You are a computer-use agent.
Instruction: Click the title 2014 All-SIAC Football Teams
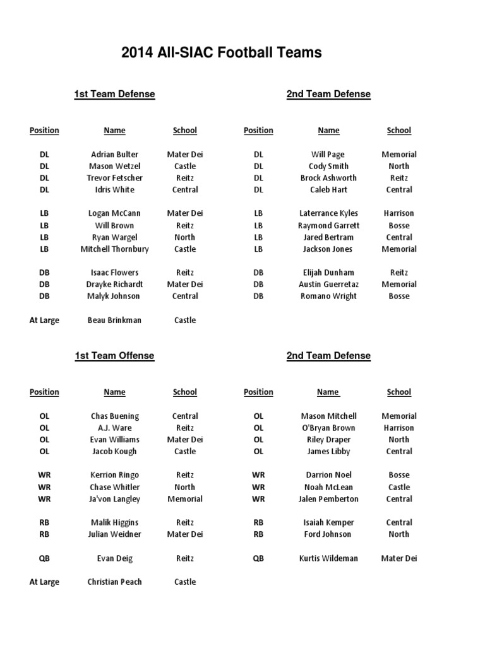221,53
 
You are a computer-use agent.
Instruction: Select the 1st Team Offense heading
114,356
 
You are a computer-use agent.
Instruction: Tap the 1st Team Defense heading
114,94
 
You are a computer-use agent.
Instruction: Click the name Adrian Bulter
114,155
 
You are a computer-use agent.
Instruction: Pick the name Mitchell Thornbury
114,249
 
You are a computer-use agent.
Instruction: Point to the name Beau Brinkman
114,320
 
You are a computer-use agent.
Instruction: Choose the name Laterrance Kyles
328,214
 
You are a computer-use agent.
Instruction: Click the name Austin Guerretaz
328,285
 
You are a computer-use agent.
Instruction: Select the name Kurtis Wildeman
328,558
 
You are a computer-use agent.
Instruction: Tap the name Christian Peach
114,582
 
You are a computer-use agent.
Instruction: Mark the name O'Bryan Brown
328,428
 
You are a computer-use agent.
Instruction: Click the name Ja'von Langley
114,499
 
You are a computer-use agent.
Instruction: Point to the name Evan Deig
114,558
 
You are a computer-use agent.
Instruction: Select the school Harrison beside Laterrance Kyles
398,214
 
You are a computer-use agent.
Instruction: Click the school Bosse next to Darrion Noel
398,475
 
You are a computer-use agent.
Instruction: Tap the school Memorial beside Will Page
398,155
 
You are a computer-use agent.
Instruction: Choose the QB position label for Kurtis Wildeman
258,558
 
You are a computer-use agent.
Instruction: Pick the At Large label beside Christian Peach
44,582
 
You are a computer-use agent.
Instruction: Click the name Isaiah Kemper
328,523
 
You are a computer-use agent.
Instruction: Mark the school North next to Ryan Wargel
184,237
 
